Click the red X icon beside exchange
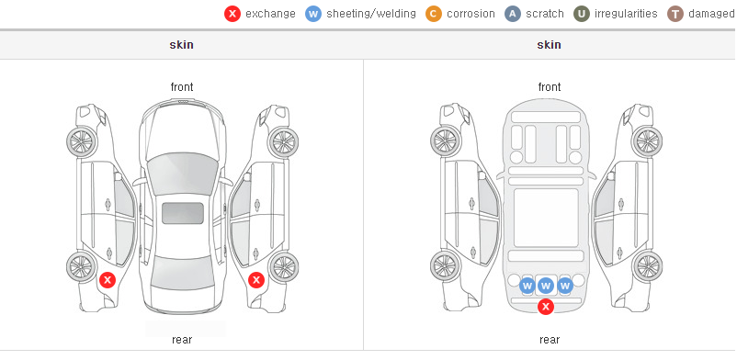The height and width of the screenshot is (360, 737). pyautogui.click(x=232, y=14)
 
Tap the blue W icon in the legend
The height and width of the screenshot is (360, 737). pyautogui.click(x=313, y=14)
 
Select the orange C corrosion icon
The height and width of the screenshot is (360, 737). pyautogui.click(x=434, y=14)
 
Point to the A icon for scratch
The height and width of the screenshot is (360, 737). pyautogui.click(x=513, y=14)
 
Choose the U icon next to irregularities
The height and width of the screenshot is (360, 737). pyautogui.click(x=582, y=14)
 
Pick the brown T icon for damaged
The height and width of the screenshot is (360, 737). pyautogui.click(x=675, y=14)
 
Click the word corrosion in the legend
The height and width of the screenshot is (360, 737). pyautogui.click(x=471, y=14)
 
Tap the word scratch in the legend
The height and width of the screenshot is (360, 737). pyautogui.click(x=545, y=14)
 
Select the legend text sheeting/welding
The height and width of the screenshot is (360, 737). pyautogui.click(x=371, y=14)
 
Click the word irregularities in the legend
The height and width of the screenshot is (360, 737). pyautogui.click(x=626, y=14)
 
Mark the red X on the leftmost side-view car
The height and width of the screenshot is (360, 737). pyautogui.click(x=108, y=281)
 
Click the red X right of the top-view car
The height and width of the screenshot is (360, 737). pyautogui.click(x=256, y=281)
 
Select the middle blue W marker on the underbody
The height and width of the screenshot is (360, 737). pyautogui.click(x=546, y=286)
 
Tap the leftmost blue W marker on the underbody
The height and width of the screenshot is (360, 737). pyautogui.click(x=527, y=286)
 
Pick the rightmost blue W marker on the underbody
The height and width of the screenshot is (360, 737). pyautogui.click(x=565, y=286)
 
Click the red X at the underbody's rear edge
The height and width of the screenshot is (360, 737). pyautogui.click(x=546, y=307)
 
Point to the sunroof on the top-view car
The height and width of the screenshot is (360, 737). pyautogui.click(x=183, y=213)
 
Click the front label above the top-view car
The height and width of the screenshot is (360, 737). pyautogui.click(x=182, y=87)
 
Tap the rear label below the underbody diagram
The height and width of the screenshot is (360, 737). pyautogui.click(x=550, y=339)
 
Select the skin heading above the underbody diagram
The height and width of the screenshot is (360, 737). pyautogui.click(x=549, y=45)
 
